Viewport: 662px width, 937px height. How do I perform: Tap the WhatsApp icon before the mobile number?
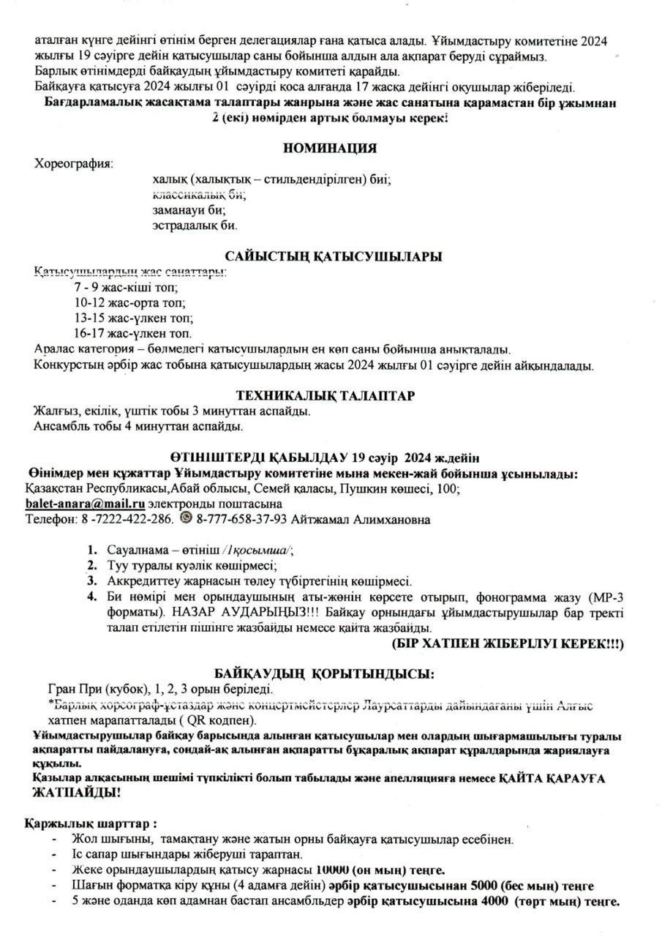click(x=186, y=519)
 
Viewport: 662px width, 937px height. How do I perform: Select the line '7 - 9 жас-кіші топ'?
click(x=121, y=288)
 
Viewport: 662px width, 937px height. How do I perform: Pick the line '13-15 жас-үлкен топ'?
click(x=133, y=318)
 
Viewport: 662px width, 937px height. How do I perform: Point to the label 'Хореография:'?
click(x=74, y=163)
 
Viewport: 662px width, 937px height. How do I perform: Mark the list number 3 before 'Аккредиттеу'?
click(x=92, y=581)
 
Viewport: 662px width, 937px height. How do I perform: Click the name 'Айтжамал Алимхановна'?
click(x=360, y=520)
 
